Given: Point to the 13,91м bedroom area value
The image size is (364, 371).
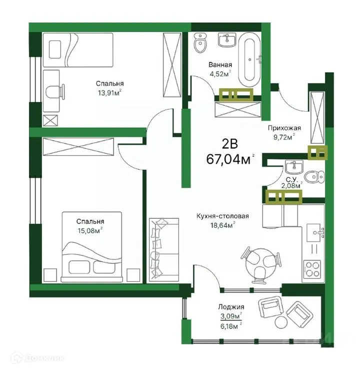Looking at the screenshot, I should (x=109, y=92).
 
